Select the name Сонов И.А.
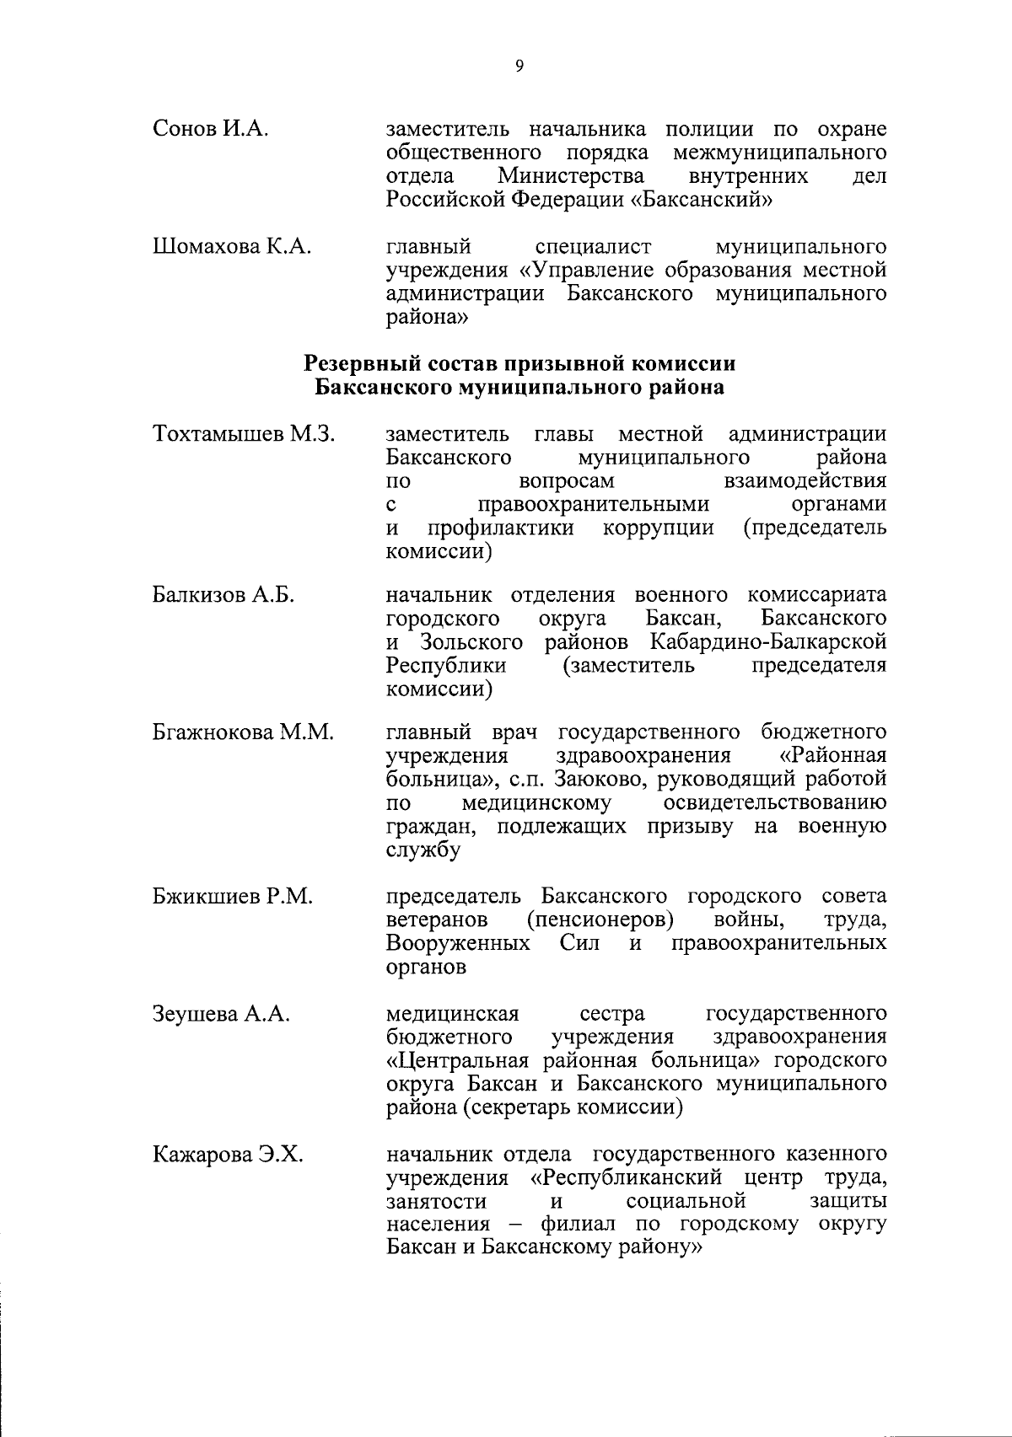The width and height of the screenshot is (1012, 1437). pyautogui.click(x=211, y=130)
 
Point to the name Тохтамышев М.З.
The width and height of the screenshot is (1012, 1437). pyautogui.click(x=245, y=434)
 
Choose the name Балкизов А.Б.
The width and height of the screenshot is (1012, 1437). pyautogui.click(x=223, y=595)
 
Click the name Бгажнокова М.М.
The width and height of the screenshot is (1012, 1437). pyautogui.click(x=244, y=732)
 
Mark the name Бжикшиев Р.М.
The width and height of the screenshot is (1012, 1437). pyautogui.click(x=233, y=896)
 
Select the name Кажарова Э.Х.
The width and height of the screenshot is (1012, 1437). pyautogui.click(x=228, y=1154)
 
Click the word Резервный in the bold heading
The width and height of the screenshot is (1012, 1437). pyautogui.click(x=357, y=364)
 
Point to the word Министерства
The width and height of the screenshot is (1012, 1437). pyautogui.click(x=572, y=176)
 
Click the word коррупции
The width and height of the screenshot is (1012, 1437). pyautogui.click(x=659, y=528)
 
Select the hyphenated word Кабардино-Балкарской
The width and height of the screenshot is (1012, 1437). pyautogui.click(x=768, y=642)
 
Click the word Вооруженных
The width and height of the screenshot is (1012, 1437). pyautogui.click(x=458, y=943)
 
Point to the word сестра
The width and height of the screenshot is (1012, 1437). pyautogui.click(x=612, y=1013)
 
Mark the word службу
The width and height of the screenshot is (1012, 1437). pyautogui.click(x=423, y=850)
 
